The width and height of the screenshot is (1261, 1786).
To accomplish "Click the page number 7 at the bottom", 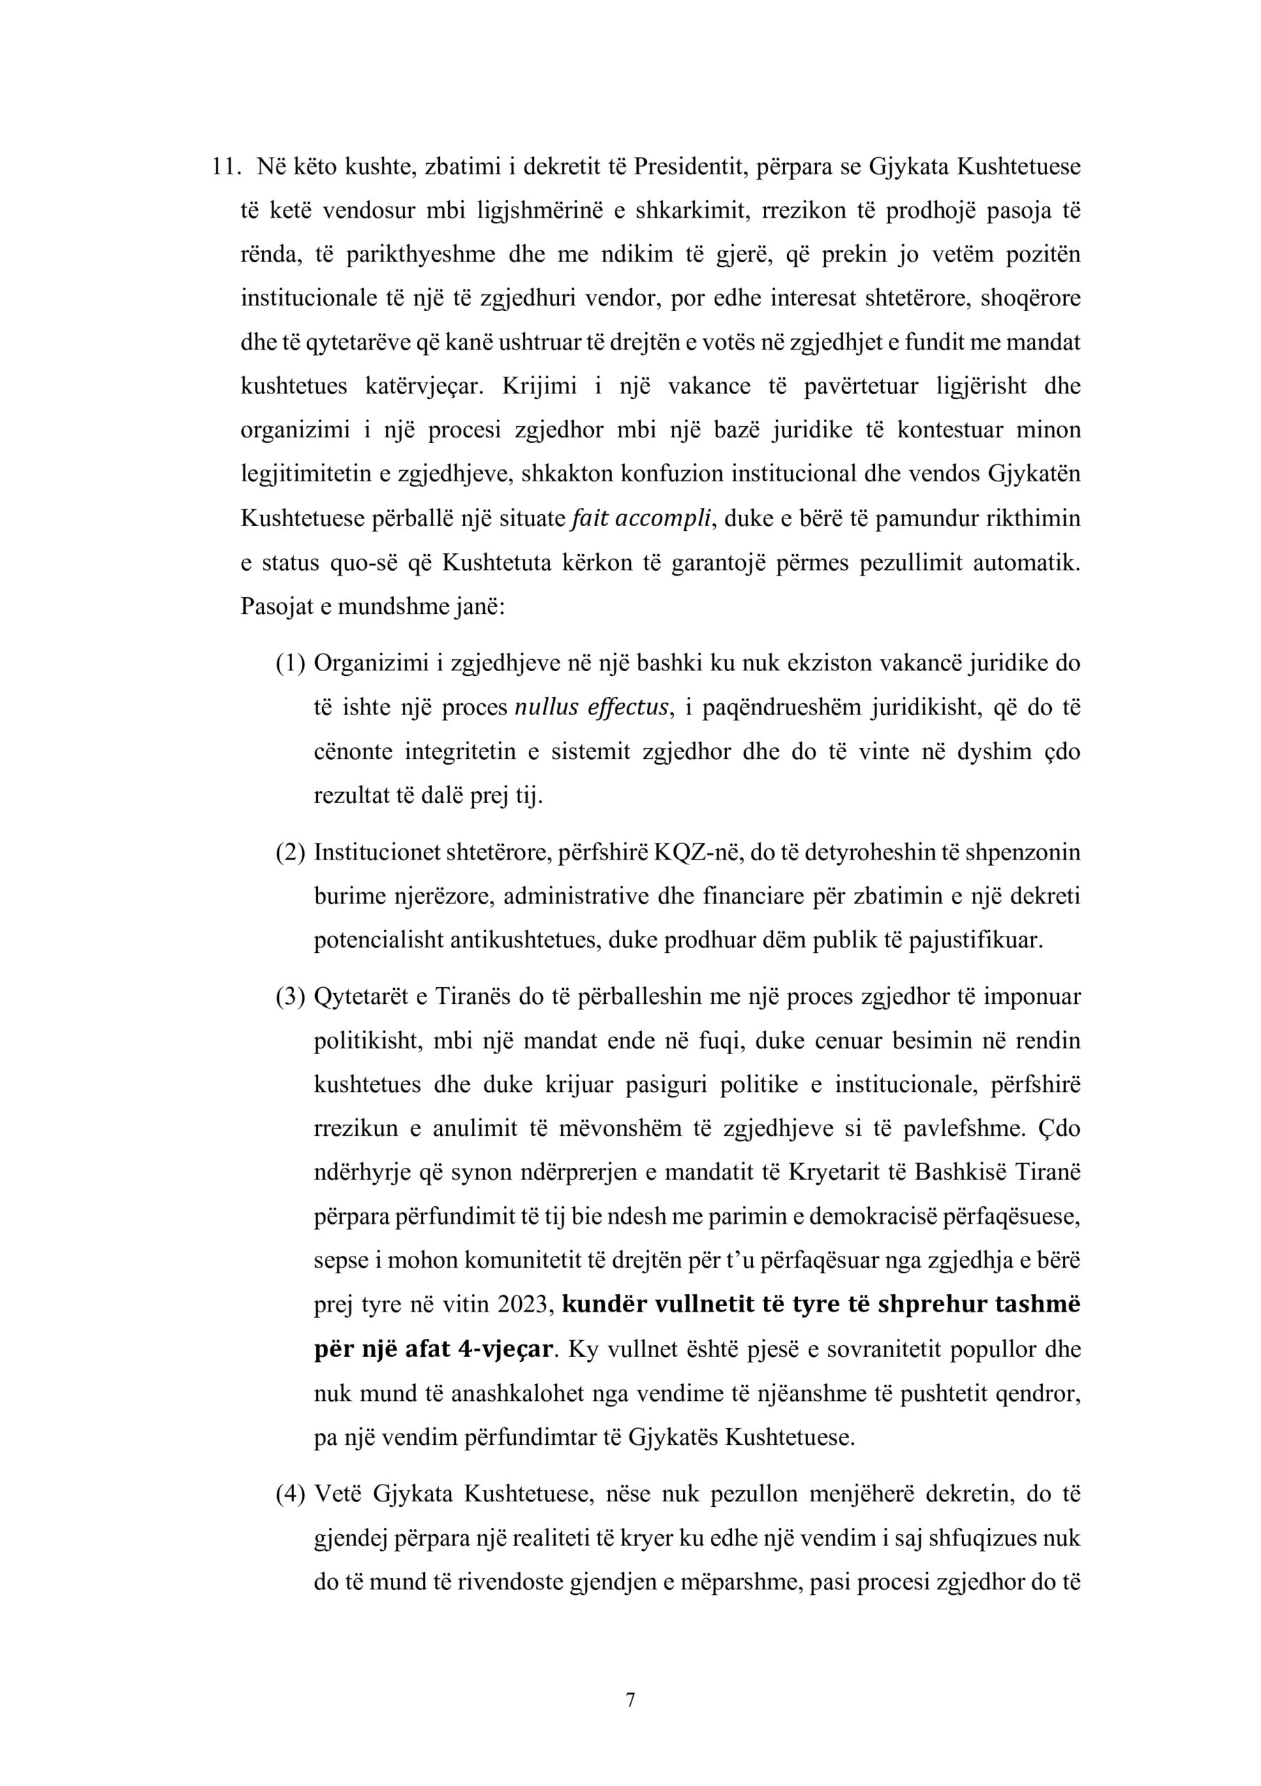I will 630,1700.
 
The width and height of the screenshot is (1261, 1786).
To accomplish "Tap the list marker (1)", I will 290,663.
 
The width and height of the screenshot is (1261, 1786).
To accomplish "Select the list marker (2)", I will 290,853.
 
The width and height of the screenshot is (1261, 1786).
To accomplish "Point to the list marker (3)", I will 290,997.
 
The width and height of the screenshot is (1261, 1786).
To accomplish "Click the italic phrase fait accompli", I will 641,519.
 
